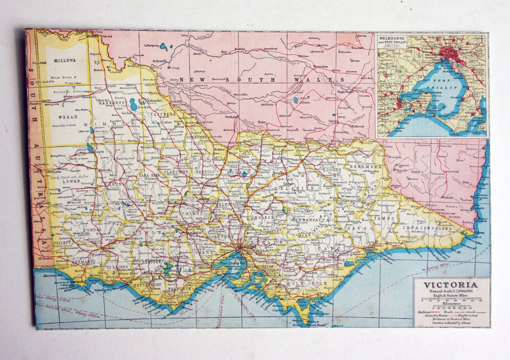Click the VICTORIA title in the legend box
click(450, 285)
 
